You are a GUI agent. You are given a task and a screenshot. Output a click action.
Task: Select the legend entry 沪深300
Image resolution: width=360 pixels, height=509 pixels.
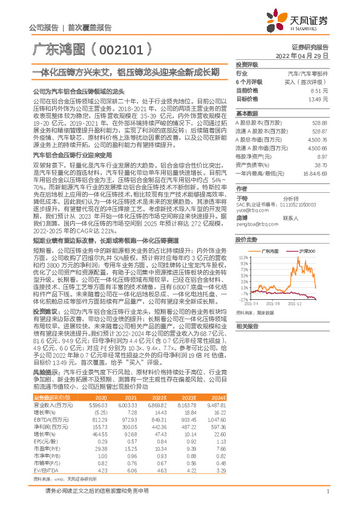tap(307, 250)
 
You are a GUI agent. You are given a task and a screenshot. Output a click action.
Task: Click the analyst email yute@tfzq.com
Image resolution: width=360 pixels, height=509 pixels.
tap(249, 209)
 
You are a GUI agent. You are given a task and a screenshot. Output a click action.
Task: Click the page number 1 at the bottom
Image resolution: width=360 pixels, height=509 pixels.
tap(327, 491)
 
